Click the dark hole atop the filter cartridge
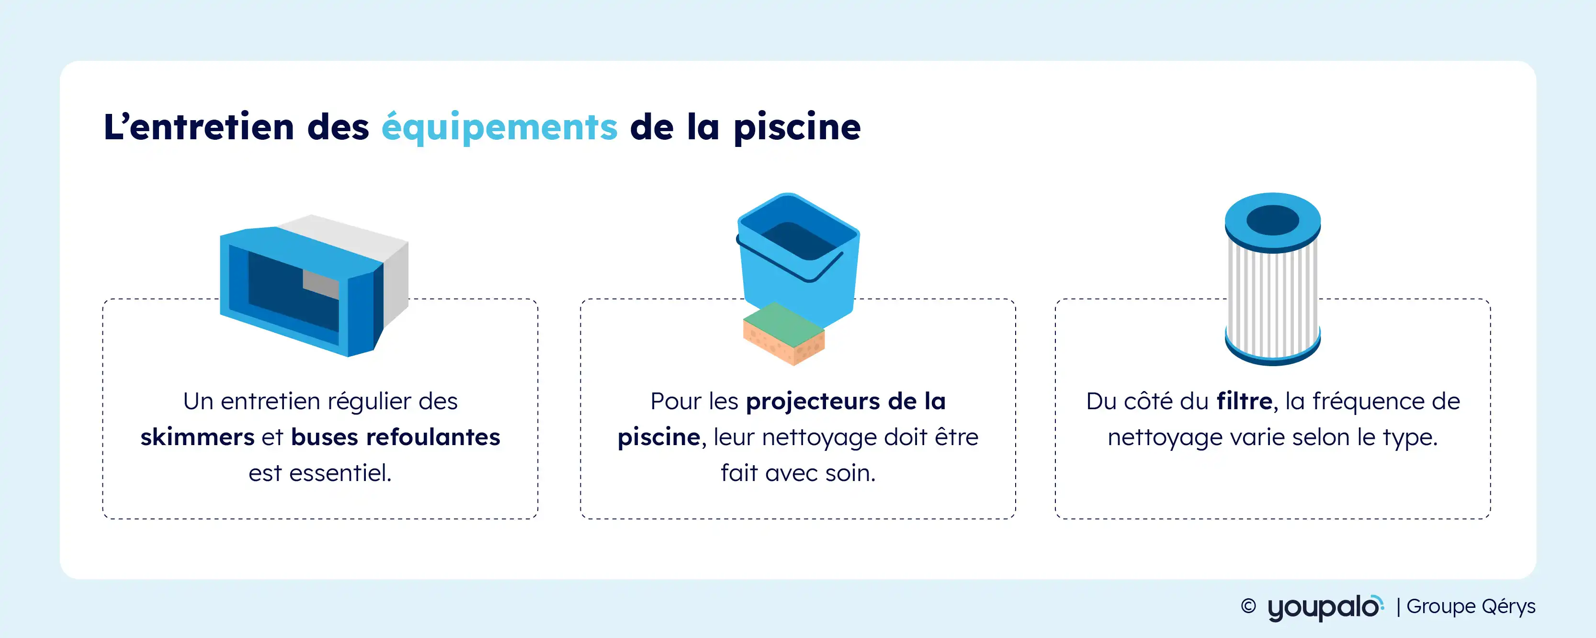point(1273,220)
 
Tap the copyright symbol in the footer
point(1248,606)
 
